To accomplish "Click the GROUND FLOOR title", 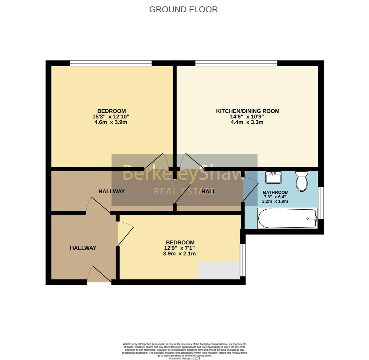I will click(x=183, y=9).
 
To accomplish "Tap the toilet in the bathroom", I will click(x=302, y=182).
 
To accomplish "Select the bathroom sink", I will click(x=273, y=177).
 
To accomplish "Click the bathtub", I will click(x=287, y=219).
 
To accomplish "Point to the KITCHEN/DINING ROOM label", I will click(x=247, y=111).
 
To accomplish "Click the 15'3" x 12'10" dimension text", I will click(x=111, y=117).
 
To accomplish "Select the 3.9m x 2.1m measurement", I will click(x=180, y=254).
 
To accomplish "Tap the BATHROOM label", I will click(x=275, y=192).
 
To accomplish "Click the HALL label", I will click(x=208, y=191).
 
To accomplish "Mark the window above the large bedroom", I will click(x=111, y=63).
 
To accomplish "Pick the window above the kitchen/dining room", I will click(x=236, y=63).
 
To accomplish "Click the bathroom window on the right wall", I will click(x=321, y=203).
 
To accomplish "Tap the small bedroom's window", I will click(x=243, y=260).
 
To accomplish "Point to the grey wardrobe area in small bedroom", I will click(x=219, y=270).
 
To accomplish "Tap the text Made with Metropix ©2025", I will click(x=184, y=358).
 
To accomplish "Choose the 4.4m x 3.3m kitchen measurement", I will click(x=247, y=122).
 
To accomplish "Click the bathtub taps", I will click(x=313, y=219).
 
